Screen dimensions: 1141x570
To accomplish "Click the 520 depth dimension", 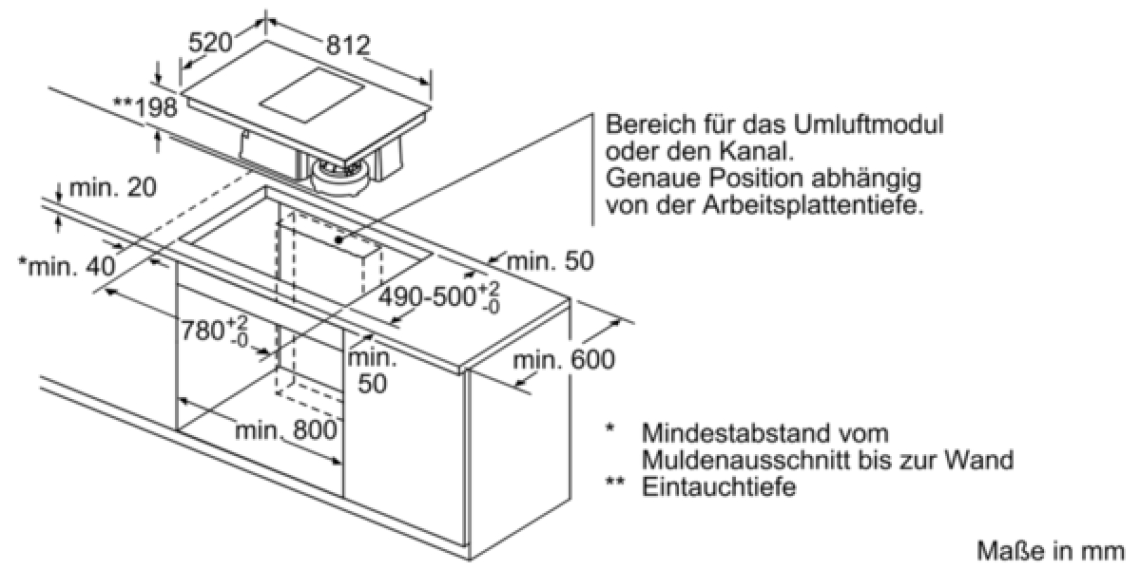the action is [210, 43].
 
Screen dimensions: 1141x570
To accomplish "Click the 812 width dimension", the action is [348, 46].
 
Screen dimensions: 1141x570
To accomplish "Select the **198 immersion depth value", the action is [145, 107].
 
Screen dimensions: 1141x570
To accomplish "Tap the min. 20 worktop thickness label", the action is [112, 188].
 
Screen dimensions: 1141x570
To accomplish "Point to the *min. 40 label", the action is [67, 266].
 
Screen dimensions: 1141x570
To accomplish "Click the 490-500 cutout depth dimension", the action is [439, 296].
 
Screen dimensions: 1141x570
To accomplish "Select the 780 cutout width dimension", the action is [214, 331].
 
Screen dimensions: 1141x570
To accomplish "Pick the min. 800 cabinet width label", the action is [286, 431].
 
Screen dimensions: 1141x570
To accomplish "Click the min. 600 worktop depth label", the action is [564, 360].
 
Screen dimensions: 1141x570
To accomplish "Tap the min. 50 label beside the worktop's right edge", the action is [551, 261].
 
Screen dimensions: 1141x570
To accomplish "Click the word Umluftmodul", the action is [868, 124].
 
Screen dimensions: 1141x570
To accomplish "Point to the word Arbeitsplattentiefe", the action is [814, 205].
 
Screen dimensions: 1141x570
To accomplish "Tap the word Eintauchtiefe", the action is [719, 487].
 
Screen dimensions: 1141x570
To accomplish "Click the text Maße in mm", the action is [1051, 551].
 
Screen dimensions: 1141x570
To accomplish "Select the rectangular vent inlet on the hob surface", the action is [312, 96].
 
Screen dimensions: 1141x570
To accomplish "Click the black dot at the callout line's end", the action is [339, 239].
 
